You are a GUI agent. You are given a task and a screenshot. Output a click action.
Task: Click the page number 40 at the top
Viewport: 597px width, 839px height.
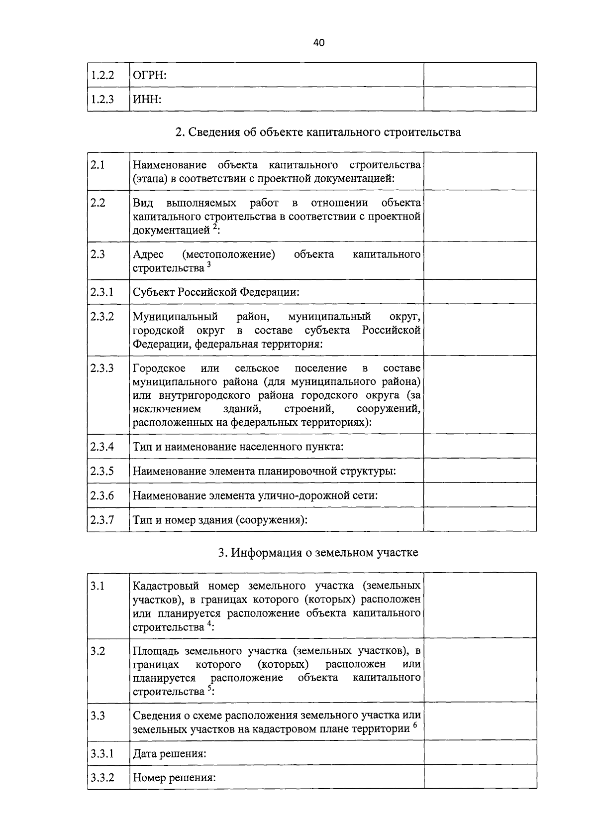pos(319,43)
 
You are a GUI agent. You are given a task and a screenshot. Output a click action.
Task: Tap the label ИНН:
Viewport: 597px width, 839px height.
pos(147,100)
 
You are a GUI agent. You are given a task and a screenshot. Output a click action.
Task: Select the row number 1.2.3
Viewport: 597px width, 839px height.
pos(102,100)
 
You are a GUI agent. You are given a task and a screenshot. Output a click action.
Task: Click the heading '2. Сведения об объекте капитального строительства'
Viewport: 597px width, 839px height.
pos(318,132)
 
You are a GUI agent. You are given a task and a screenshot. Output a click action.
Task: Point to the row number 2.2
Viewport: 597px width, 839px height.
pos(98,203)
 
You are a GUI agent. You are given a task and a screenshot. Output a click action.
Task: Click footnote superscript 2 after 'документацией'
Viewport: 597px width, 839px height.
pos(214,227)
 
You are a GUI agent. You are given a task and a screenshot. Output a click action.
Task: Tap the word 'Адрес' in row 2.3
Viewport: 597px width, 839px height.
pos(148,254)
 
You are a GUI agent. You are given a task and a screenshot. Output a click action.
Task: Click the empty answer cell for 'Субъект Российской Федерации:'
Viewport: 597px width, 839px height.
pos(480,292)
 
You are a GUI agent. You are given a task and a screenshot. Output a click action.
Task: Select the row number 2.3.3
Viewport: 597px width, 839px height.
pos(102,368)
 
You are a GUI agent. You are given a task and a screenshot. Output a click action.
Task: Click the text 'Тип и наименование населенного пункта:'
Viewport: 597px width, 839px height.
pos(238,446)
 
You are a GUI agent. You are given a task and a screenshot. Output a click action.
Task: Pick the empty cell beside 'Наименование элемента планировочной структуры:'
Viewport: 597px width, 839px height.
pos(480,471)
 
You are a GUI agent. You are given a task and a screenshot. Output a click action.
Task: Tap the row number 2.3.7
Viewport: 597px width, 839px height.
pos(102,520)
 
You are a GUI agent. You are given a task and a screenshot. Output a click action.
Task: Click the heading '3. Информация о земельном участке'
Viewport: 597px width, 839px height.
pos(318,553)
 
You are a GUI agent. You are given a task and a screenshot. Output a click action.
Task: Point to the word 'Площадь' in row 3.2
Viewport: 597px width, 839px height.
pos(155,651)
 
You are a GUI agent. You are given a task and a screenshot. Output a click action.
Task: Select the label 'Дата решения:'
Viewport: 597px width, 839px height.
pos(169,754)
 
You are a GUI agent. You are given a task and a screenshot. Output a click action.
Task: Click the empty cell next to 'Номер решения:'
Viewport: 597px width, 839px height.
pos(480,777)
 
